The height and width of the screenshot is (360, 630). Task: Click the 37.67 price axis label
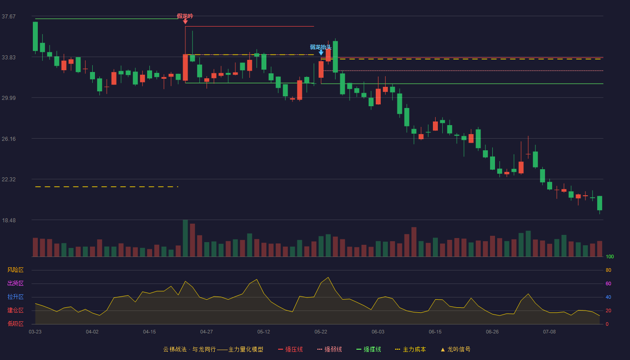[x=9, y=17]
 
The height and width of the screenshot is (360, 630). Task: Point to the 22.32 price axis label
[x=9, y=180]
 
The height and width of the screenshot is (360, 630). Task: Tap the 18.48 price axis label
[x=9, y=220]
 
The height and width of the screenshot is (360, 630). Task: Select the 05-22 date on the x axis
[x=320, y=332]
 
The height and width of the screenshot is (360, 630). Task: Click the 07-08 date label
[x=549, y=332]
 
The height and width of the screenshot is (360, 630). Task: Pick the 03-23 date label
[x=35, y=332]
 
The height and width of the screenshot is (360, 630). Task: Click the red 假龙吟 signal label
[x=185, y=16]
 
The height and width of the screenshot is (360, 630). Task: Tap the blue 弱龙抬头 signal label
[x=320, y=47]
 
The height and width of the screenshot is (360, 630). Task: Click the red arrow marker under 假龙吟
[x=185, y=22]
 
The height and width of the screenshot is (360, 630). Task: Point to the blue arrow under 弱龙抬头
[x=321, y=53]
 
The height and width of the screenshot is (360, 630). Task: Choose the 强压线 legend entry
[x=290, y=349]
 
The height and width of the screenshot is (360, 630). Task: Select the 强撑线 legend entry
[x=369, y=349]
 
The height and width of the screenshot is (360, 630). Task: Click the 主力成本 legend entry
[x=410, y=349]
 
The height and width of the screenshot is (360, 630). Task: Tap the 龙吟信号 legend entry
[x=455, y=349]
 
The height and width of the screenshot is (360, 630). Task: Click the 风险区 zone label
[x=15, y=270]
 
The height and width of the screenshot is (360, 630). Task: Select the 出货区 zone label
[x=15, y=283]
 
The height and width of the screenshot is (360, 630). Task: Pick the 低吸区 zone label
[x=15, y=324]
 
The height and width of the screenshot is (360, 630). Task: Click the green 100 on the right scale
[x=610, y=256]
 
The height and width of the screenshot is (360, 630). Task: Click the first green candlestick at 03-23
[x=35, y=36]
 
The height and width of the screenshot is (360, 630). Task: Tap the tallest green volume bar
[x=185, y=238]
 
